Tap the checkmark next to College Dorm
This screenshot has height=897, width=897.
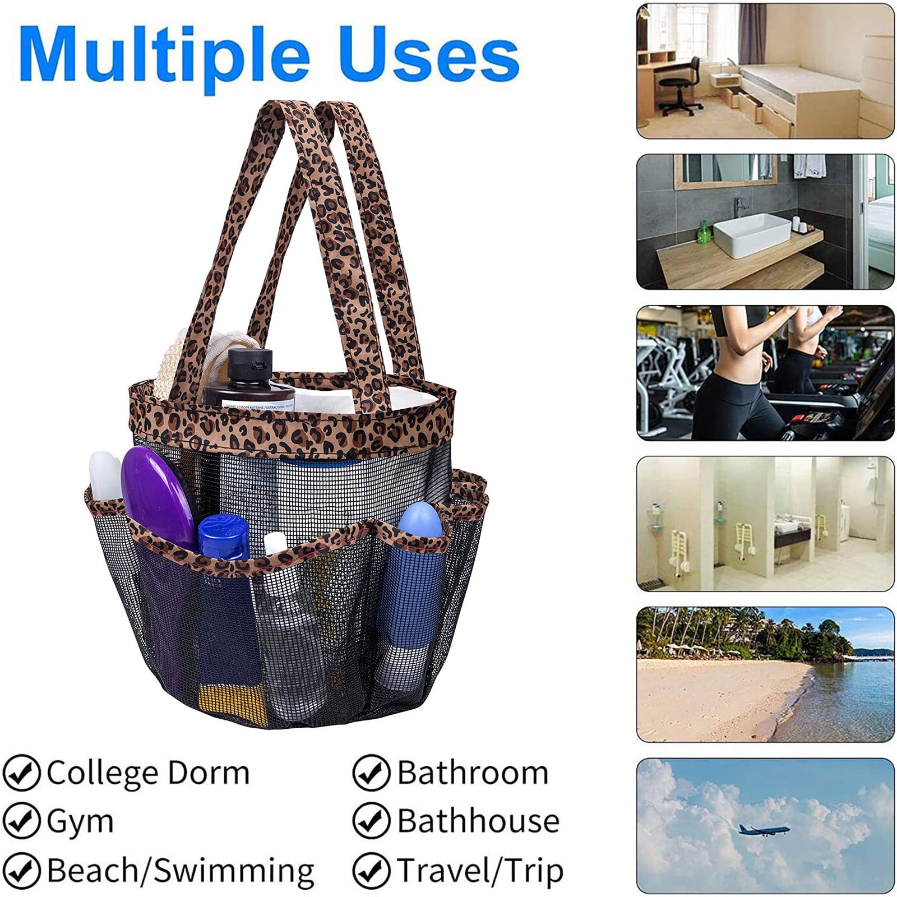point(21,773)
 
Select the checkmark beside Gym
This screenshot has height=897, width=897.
point(21,821)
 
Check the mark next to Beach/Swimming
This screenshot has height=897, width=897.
point(21,870)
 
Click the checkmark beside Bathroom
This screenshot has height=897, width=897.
point(371,773)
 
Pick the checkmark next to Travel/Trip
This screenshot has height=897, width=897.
point(371,870)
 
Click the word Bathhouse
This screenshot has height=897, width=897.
point(479,821)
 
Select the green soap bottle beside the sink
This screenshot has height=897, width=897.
point(703,232)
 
